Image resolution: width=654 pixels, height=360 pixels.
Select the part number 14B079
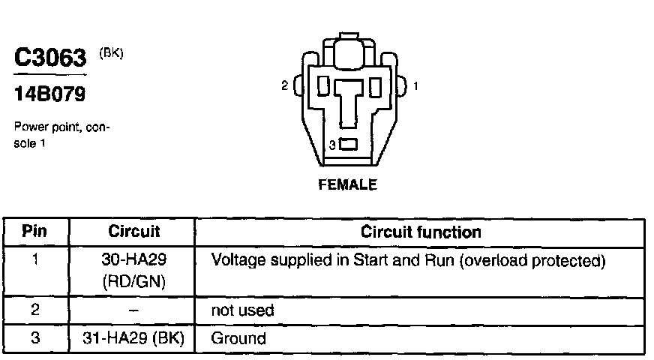point(49,95)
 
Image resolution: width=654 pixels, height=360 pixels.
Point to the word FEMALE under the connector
point(347,184)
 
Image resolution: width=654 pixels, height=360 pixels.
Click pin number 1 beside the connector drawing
point(415,86)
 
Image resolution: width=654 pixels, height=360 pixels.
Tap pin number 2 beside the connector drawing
point(284,86)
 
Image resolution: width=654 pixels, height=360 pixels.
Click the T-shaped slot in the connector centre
point(348,101)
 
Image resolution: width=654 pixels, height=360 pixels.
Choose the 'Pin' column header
point(34,232)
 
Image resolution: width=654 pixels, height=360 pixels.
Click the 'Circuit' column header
point(134,232)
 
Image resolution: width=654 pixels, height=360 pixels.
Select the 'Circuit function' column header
point(421,232)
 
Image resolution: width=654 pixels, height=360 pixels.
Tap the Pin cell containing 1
point(34,261)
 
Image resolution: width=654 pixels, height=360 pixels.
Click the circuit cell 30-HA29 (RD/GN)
point(134,270)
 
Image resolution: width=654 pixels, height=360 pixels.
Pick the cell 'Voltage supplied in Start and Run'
point(408,262)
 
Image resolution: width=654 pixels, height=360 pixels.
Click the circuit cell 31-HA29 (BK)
point(134,337)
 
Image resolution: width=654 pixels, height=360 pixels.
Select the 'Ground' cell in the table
point(238,337)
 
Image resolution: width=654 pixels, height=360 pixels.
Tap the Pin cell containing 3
point(34,337)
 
